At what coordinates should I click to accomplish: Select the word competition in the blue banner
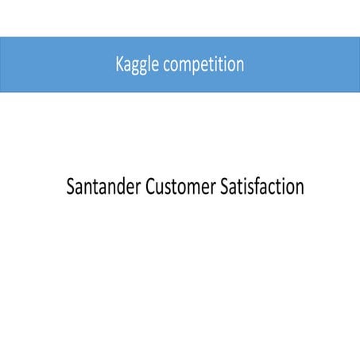202,65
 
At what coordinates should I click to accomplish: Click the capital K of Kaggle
120,64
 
